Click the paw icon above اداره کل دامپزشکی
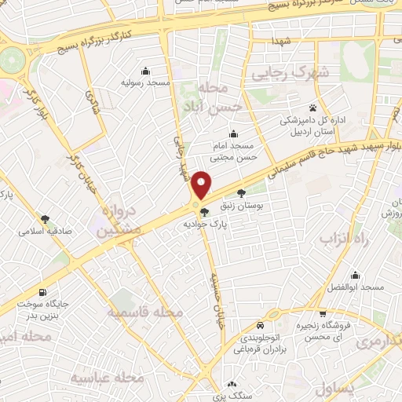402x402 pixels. point(313,108)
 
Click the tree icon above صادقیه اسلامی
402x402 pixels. point(45,219)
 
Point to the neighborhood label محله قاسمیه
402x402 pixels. point(150,312)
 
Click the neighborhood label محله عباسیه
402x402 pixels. point(100,378)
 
